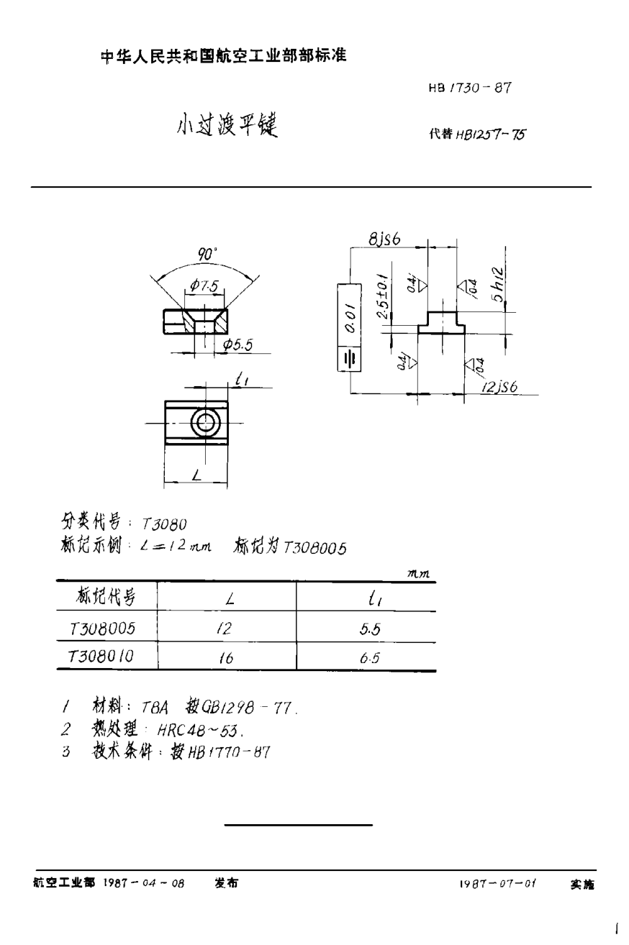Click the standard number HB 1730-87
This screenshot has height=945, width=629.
pyautogui.click(x=470, y=88)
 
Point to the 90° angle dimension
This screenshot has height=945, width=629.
pyautogui.click(x=207, y=255)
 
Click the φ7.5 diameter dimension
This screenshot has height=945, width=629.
pyautogui.click(x=206, y=286)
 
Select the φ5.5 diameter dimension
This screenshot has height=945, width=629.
pyautogui.click(x=237, y=345)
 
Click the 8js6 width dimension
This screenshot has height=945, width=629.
pyautogui.click(x=384, y=240)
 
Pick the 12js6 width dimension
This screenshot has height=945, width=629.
pyautogui.click(x=501, y=387)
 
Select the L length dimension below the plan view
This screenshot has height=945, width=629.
pyautogui.click(x=196, y=474)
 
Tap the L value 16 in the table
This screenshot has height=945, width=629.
pyautogui.click(x=225, y=657)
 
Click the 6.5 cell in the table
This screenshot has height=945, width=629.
pyautogui.click(x=370, y=657)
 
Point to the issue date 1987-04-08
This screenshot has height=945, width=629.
pyautogui.click(x=145, y=883)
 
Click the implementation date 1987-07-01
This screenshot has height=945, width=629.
pyautogui.click(x=497, y=883)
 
